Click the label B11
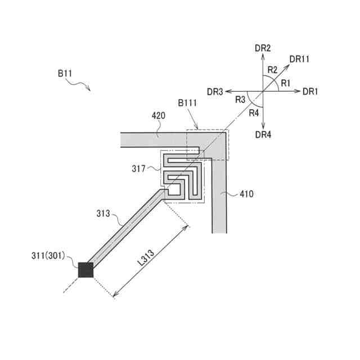coord(65,73)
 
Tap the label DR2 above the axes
coord(263,49)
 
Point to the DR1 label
coord(310,91)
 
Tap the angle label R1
coord(286,83)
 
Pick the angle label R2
coord(273,70)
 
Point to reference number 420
coord(159,116)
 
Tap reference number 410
coord(246,194)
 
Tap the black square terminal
coord(85,270)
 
